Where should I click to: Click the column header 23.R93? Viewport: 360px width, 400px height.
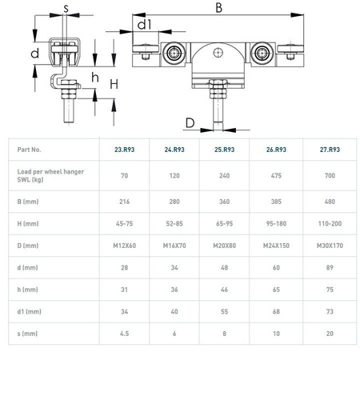[125, 150]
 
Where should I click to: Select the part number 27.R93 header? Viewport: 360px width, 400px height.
[330, 150]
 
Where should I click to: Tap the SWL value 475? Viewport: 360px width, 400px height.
[276, 175]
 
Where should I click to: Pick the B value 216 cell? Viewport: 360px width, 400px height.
[125, 202]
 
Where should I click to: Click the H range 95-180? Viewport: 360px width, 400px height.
[276, 223]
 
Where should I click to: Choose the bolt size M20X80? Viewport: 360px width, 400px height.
[225, 246]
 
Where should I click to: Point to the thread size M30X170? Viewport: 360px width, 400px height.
[330, 246]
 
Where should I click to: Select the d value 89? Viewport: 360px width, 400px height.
[330, 267]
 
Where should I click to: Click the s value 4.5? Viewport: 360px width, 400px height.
[125, 334]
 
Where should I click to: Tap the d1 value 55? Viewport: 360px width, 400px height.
[225, 311]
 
